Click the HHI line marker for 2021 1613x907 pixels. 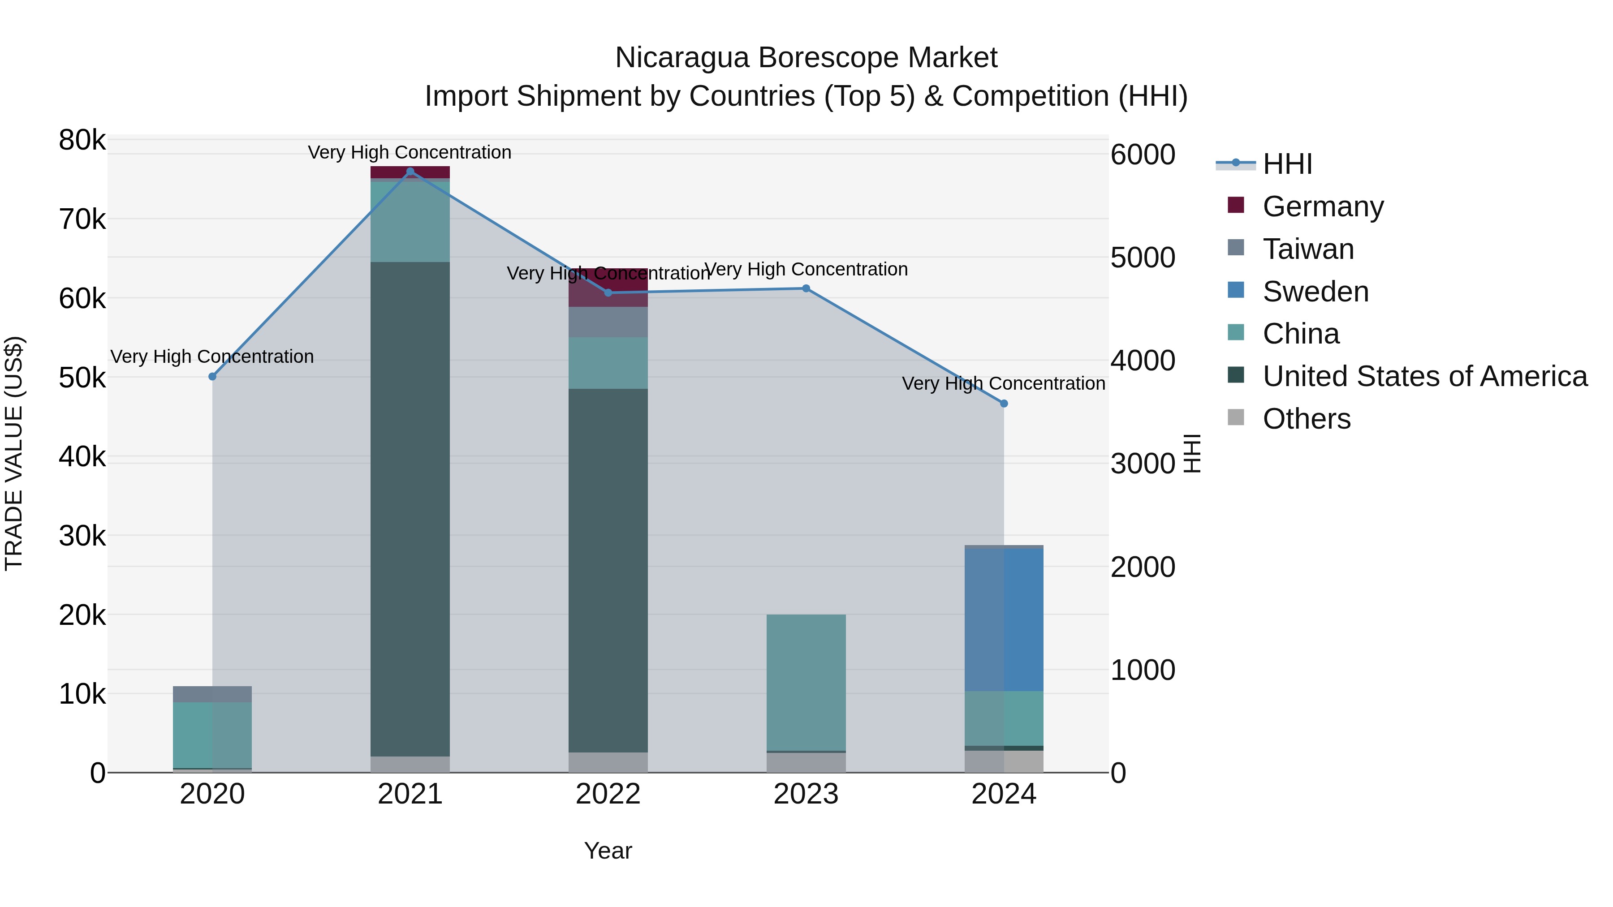coord(410,172)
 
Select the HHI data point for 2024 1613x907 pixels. coord(1004,404)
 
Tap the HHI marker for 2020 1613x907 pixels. coord(212,376)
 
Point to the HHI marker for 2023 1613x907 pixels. coord(806,288)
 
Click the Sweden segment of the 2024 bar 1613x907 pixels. coord(1004,620)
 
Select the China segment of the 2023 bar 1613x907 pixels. coord(806,682)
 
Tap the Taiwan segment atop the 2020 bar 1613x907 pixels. coord(212,694)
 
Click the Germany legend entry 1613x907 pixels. coord(1323,206)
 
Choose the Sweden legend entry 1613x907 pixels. coord(1315,292)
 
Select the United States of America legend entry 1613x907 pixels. coord(1424,376)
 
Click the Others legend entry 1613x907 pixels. coord(1306,419)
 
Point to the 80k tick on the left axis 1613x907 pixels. coord(82,140)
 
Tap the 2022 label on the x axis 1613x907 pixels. coord(608,794)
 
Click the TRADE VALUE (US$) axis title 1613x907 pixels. coord(14,453)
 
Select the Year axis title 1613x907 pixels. coord(608,851)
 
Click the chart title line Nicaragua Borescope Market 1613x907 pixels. coord(806,58)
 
